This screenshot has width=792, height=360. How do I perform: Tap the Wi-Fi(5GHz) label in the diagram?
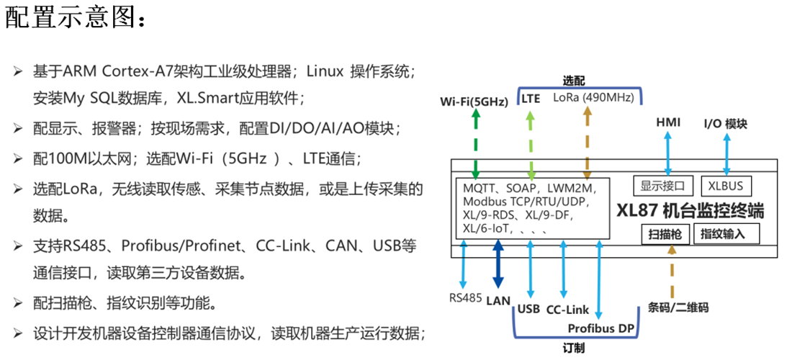tap(474, 102)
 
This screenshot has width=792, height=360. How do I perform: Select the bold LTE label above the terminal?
tap(531, 99)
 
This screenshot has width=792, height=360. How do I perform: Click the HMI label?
tap(668, 122)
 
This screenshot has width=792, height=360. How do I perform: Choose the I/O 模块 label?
tap(725, 124)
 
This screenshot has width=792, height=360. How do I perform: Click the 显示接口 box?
tap(663, 186)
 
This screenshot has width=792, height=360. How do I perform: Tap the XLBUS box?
tap(726, 186)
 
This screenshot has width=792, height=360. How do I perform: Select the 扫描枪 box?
tap(664, 234)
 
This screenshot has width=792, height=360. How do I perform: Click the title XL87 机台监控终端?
tap(690, 211)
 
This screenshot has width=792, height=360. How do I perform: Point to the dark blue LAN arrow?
tap(498, 266)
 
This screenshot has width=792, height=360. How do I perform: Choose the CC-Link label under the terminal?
tap(567, 310)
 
